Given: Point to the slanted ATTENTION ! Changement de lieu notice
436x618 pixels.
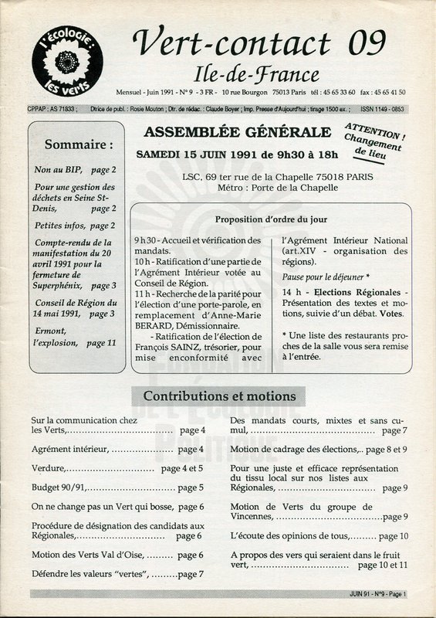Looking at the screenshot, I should pos(373,140).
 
